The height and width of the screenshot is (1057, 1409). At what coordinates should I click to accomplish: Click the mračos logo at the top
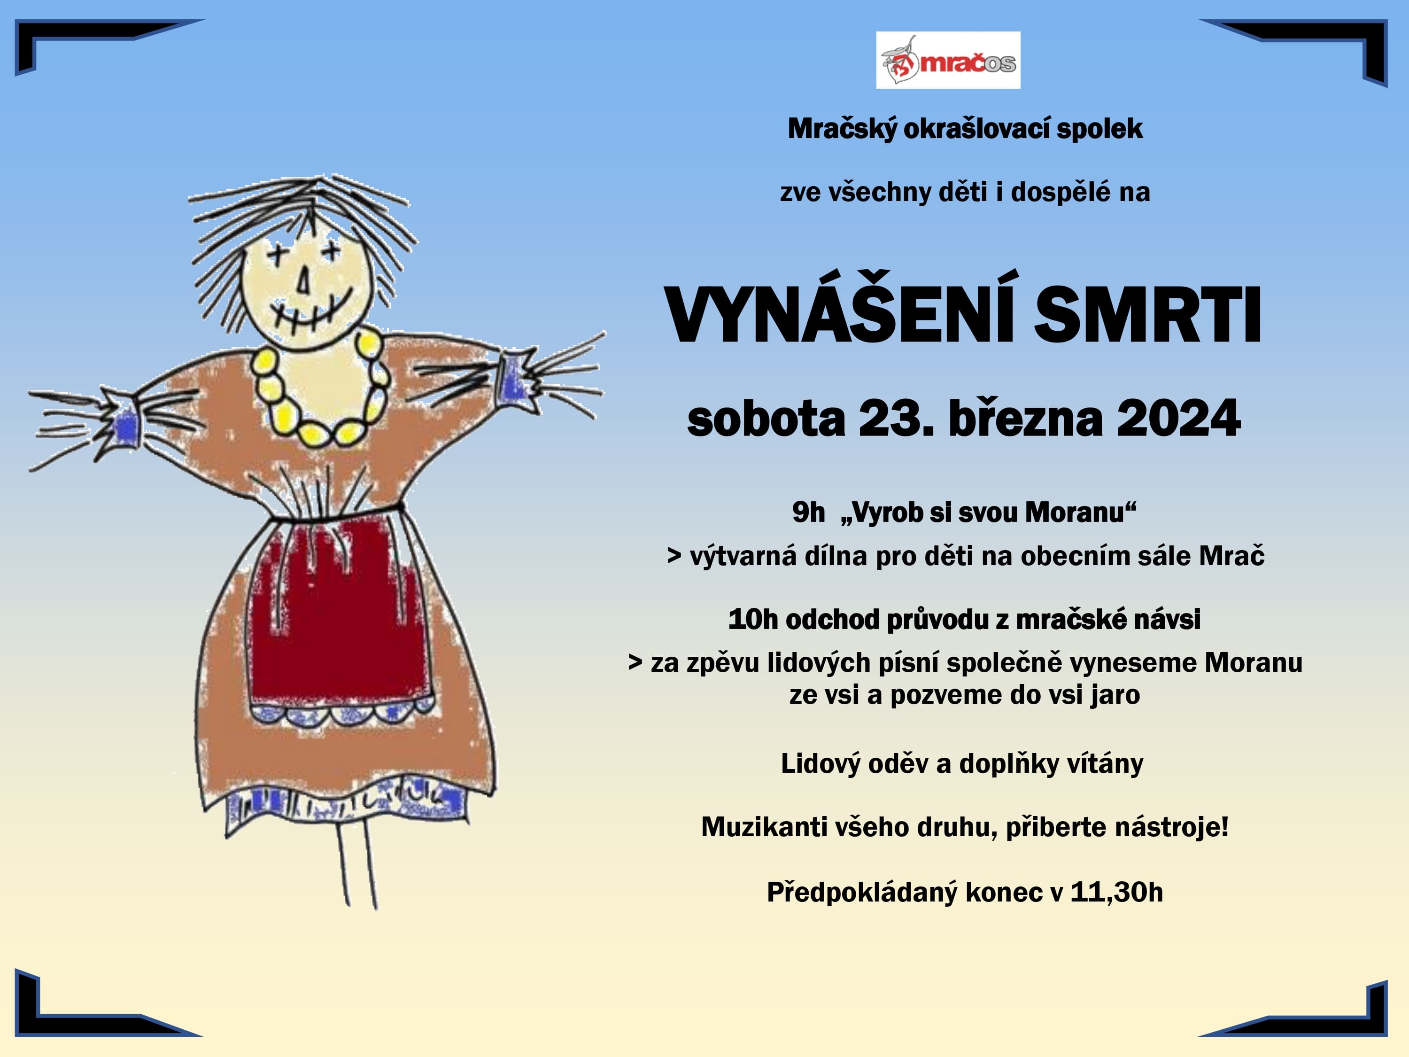pos(948,60)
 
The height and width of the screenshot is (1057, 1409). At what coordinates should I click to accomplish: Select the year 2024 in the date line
pos(1178,419)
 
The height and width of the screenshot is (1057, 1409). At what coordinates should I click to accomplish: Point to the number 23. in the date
pos(896,419)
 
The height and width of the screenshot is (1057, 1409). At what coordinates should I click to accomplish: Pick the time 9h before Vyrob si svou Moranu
pos(808,512)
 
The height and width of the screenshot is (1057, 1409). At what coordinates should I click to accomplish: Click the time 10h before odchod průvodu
pos(753,619)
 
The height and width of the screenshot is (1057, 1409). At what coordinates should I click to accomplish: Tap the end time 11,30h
pos(1116,892)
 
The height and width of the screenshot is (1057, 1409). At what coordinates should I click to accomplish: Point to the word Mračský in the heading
pos(842,129)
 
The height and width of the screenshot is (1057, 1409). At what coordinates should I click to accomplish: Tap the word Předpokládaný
pos(862,893)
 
